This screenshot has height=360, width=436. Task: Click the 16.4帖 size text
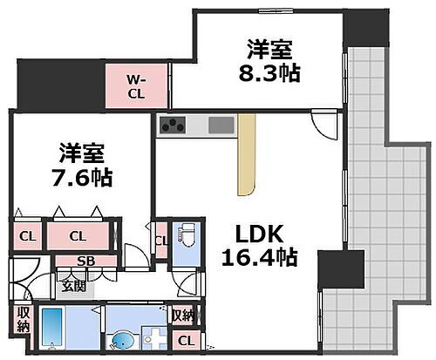pyautogui.click(x=259, y=258)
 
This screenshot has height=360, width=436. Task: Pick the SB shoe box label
pyautogui.click(x=85, y=260)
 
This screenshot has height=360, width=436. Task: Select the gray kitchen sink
pyautogui.click(x=221, y=126)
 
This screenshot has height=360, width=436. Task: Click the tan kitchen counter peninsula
pyautogui.click(x=248, y=153)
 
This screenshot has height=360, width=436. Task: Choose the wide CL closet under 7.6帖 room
pyautogui.click(x=78, y=235)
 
